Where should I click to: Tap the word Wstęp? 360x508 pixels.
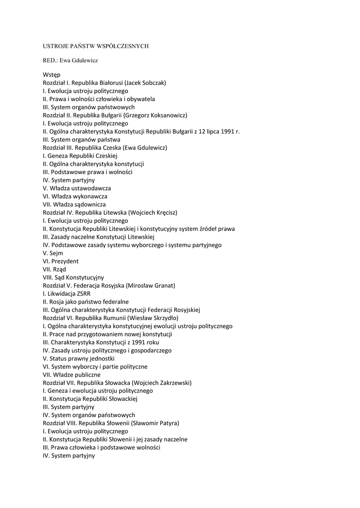[52, 74]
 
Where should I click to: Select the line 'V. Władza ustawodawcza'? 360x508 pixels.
[77, 188]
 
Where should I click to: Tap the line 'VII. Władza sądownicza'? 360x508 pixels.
[74, 204]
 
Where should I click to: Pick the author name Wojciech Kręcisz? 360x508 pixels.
[152, 212]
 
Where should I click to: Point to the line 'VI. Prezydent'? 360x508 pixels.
[61, 261]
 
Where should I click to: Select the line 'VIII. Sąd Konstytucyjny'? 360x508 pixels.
[73, 277]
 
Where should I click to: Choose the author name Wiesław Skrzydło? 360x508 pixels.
[153, 318]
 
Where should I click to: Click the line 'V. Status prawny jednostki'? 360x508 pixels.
[79, 358]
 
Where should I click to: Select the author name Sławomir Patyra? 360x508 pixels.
[155, 423]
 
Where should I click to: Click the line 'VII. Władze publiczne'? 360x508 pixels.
[72, 375]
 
